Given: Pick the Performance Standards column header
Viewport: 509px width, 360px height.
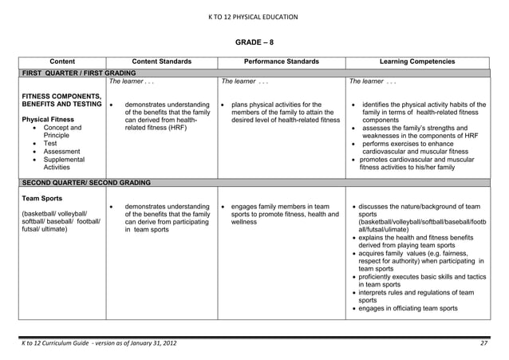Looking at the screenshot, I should point(282,61).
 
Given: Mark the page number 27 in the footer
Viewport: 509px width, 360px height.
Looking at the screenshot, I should point(483,343).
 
